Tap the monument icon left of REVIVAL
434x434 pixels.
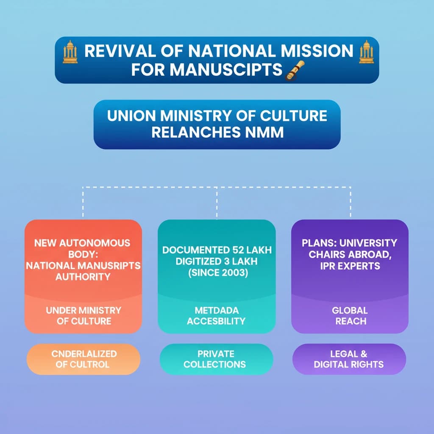(70, 52)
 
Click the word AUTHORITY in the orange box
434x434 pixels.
(83, 277)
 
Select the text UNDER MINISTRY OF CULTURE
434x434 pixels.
(83, 316)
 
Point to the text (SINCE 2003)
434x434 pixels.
(217, 273)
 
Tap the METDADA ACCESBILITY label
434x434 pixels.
(217, 316)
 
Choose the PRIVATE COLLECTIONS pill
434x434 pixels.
(215, 359)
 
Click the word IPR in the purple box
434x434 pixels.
(325, 266)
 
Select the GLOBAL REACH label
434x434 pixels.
(350, 316)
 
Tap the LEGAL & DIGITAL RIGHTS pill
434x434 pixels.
(349, 359)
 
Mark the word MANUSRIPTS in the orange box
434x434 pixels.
(112, 266)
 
